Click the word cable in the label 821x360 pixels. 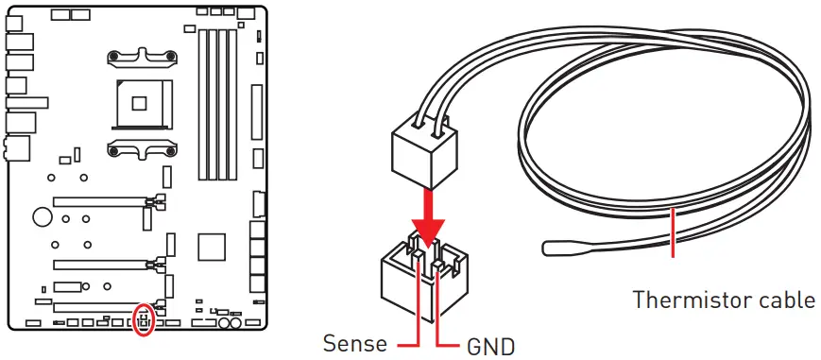785,300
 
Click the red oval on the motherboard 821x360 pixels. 143,319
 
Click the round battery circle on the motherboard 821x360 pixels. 42,216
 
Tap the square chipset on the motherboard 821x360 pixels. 212,248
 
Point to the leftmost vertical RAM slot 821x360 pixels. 200,104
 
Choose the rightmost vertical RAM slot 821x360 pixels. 232,104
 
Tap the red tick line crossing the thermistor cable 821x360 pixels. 672,233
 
